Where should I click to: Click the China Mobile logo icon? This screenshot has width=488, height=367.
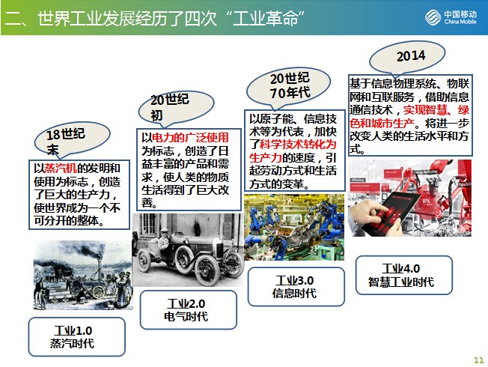tap(433, 16)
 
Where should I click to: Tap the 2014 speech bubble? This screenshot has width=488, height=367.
tap(407, 58)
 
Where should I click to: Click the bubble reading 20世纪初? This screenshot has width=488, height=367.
tap(176, 108)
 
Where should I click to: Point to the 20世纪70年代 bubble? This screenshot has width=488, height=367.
tap(288, 85)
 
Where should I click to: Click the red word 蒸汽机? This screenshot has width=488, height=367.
tap(61, 169)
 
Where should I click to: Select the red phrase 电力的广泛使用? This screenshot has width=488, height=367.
tap(190, 138)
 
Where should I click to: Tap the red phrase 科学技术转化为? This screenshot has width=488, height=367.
tap(298, 145)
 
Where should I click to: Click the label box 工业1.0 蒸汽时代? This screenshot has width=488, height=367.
tap(77, 337)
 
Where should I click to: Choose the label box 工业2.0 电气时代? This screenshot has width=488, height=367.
tap(189, 310)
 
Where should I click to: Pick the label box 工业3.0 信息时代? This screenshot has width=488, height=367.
tap(296, 287)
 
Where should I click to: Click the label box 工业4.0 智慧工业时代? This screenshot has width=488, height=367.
tap(403, 275)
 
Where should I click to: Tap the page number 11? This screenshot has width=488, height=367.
tap(479, 360)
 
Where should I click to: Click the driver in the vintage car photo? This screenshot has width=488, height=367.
tap(163, 239)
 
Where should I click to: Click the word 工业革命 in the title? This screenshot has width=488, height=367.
tap(265, 19)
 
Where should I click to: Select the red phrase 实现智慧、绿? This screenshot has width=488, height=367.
tap(436, 110)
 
